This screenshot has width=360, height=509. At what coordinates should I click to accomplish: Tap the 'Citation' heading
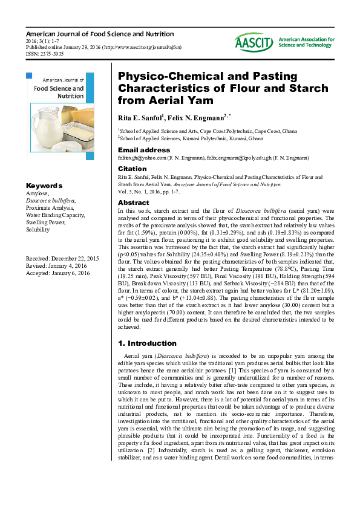(x=132, y=169)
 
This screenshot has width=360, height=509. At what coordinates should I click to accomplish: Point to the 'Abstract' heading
(x=133, y=203)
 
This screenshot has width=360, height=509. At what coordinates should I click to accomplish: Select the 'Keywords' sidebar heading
(x=44, y=185)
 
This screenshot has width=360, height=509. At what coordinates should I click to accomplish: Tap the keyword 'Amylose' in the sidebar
(x=37, y=193)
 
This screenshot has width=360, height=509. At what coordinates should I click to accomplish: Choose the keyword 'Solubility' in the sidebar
(x=38, y=230)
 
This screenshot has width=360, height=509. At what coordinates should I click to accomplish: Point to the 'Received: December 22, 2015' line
(x=62, y=259)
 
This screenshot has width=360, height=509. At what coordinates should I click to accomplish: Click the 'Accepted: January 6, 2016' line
(x=57, y=273)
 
